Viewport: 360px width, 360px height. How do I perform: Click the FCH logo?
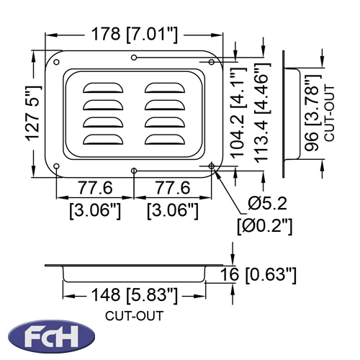coord(51,336)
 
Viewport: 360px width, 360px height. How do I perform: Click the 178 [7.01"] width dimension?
coord(135,35)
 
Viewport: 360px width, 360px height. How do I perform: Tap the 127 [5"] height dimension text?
coord(33,113)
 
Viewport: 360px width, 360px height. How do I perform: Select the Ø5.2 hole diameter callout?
coord(267,203)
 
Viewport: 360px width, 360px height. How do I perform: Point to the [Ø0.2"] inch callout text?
coord(265,225)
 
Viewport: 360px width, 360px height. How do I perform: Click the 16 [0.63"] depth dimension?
coord(258,274)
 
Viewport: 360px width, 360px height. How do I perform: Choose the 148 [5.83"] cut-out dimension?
coord(135,294)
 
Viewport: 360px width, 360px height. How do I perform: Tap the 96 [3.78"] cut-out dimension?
coord(312,113)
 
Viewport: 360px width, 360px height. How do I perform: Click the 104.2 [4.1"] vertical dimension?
coord(238,113)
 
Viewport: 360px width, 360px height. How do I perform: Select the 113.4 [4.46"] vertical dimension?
coord(262,113)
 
